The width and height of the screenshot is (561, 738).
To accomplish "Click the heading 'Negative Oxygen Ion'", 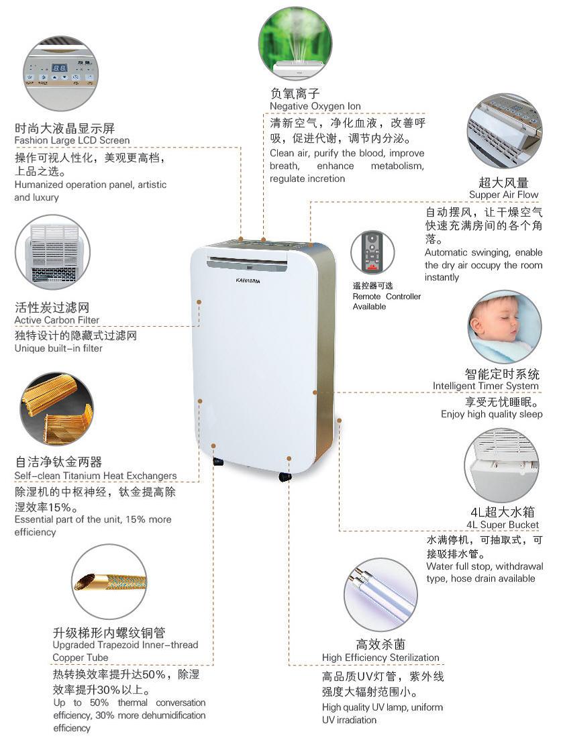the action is point(315,107).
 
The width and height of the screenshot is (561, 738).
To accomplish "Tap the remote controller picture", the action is point(372,252).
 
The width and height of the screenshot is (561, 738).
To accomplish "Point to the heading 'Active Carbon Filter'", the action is point(57,320).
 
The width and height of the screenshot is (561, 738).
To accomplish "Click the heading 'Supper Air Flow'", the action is point(503,195).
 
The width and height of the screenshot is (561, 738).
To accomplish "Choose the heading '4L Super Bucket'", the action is point(503,525).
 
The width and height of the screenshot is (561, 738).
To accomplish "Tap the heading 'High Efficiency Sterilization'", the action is point(380,657).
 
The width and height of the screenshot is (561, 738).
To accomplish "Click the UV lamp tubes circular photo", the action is point(380,595).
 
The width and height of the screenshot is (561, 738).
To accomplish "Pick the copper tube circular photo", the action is point(109,582).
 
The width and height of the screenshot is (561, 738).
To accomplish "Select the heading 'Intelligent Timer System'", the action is point(486,386).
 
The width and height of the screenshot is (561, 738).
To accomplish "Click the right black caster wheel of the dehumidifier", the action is point(285,477).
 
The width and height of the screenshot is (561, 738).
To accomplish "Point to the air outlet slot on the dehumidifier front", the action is point(247,262).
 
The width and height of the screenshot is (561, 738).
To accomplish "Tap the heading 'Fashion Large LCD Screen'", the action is point(72,140).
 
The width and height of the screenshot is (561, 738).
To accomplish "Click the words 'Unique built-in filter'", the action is point(58,348).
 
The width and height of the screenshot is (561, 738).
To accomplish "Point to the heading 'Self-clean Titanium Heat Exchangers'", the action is point(95,476).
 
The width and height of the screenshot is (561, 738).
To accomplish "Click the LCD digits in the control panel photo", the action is point(59,68).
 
